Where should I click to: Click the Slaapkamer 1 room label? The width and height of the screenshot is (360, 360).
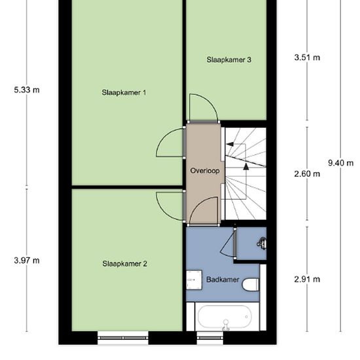pyautogui.click(x=124, y=92)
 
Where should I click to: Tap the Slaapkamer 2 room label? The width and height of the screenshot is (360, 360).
pyautogui.click(x=124, y=264)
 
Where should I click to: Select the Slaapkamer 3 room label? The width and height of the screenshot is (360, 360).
pyautogui.click(x=229, y=60)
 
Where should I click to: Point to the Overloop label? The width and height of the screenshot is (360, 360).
pyautogui.click(x=205, y=171)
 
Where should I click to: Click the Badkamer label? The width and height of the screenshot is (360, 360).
pyautogui.click(x=223, y=279)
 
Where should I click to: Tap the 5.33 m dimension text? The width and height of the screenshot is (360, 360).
pyautogui.click(x=27, y=90)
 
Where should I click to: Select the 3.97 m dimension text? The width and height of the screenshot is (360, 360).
pyautogui.click(x=27, y=261)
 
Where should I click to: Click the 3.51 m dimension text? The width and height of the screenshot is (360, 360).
pyautogui.click(x=307, y=58)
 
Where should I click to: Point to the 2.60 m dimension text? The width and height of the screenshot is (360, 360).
pyautogui.click(x=307, y=174)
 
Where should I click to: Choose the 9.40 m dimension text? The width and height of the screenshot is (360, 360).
pyautogui.click(x=341, y=163)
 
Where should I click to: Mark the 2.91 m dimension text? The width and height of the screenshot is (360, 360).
pyautogui.click(x=307, y=279)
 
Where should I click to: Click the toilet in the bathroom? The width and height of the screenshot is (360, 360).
pyautogui.click(x=251, y=285)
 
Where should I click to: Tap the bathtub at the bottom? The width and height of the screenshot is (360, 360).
pyautogui.click(x=225, y=317)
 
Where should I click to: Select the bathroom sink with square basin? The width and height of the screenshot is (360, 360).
pyautogui.click(x=194, y=280)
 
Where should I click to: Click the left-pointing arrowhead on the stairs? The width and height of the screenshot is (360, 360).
pyautogui.click(x=230, y=144)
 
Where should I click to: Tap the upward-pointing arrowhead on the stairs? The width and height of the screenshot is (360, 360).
pyautogui.click(x=246, y=167)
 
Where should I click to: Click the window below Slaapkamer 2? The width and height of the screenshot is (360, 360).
pyautogui.click(x=123, y=338)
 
